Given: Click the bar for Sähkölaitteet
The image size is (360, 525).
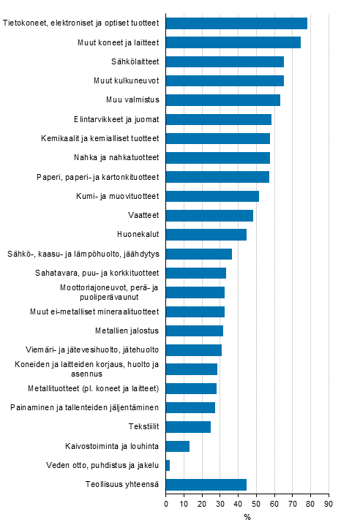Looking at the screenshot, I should (225, 61).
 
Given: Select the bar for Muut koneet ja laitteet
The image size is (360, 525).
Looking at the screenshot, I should (233, 42).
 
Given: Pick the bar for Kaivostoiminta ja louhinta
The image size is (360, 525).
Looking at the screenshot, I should (178, 446).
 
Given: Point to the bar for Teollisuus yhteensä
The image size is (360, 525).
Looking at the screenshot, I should (206, 484).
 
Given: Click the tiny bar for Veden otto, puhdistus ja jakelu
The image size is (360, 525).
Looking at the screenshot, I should (168, 465).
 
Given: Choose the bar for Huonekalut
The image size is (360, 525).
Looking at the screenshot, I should (206, 235).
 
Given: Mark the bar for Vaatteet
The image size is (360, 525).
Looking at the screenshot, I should (209, 216).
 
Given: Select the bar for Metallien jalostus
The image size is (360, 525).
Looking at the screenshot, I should (195, 331).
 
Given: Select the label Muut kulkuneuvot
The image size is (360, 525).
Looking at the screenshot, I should (127, 80).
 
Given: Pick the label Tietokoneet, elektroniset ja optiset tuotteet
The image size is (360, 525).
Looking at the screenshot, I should (82, 23).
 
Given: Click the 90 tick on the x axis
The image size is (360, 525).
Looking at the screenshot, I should (329, 504).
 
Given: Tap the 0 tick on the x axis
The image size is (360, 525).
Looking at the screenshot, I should (166, 504).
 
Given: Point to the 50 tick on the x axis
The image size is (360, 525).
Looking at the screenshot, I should (256, 504).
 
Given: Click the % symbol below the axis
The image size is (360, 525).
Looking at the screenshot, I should (247, 517).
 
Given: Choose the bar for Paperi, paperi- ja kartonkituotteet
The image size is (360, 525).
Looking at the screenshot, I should (217, 177).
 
